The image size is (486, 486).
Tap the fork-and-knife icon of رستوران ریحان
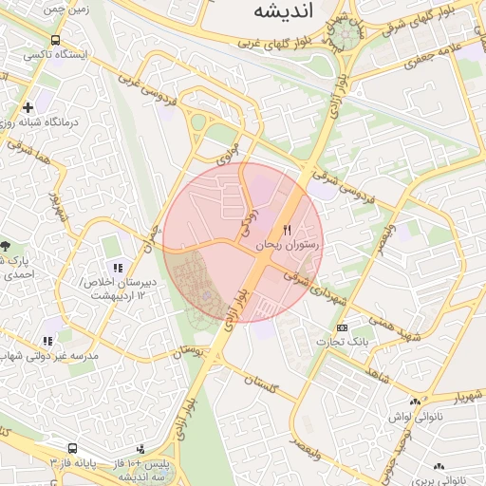288,230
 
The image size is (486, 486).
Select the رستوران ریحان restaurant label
290,246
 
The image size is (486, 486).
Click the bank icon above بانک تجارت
343,327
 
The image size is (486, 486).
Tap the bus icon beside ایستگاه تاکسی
56,42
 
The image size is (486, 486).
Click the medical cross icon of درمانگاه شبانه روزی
28,107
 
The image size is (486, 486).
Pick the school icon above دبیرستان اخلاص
118,269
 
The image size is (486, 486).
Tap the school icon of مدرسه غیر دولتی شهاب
47,341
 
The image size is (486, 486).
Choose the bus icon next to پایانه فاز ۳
72,448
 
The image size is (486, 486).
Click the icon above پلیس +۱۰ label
141,448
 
